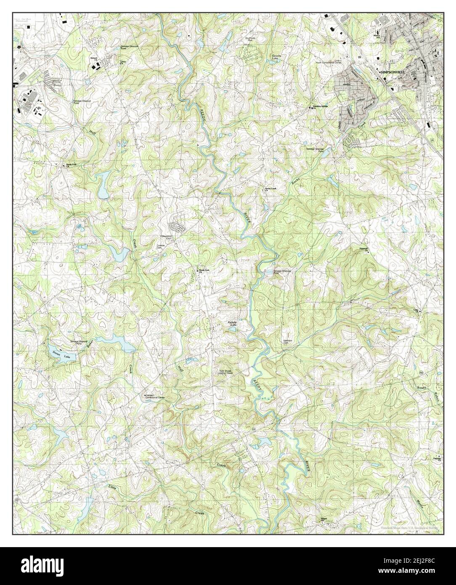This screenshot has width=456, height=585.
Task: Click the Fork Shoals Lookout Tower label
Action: pyautogui.click(x=225, y=372)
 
